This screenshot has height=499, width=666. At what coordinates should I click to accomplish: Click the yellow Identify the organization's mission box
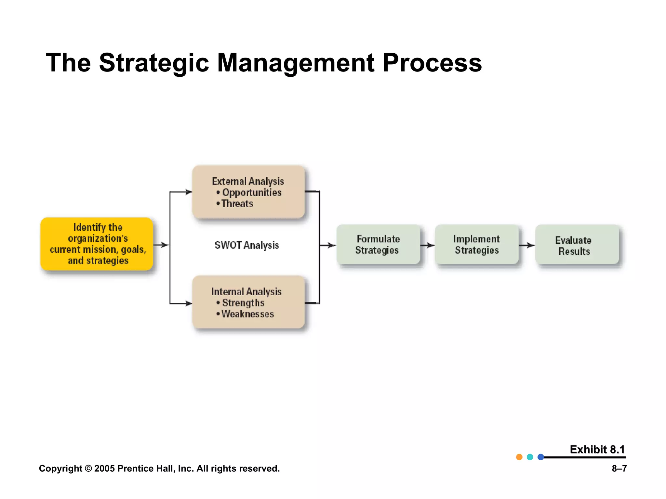click(97, 244)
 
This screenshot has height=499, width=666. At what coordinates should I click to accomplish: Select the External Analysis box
click(248, 192)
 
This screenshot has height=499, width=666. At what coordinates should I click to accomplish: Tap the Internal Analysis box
click(248, 302)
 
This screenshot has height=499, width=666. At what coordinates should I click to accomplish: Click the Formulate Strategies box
click(378, 244)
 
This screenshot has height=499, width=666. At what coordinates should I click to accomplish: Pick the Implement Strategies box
click(477, 244)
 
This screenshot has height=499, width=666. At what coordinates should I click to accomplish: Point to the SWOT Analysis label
click(246, 245)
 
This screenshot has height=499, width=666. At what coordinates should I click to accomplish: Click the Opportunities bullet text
click(251, 192)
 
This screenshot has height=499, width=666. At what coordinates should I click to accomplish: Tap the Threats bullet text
click(237, 204)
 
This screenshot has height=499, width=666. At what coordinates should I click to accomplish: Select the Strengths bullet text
click(243, 303)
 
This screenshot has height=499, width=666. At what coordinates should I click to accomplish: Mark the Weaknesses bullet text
click(247, 314)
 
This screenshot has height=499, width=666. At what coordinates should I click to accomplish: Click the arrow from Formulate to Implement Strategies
click(428, 245)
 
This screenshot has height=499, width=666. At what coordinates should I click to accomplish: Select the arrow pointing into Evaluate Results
click(527, 245)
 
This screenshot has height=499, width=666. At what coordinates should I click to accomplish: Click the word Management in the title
click(295, 63)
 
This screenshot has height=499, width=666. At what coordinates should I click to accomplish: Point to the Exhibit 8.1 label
click(597, 449)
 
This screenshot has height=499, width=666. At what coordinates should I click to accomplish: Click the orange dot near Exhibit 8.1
click(519, 457)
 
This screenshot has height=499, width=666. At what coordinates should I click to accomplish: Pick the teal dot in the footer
click(530, 457)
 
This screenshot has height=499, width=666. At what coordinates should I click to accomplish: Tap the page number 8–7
click(619, 468)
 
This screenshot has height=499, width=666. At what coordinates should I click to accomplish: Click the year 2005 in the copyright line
click(104, 468)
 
